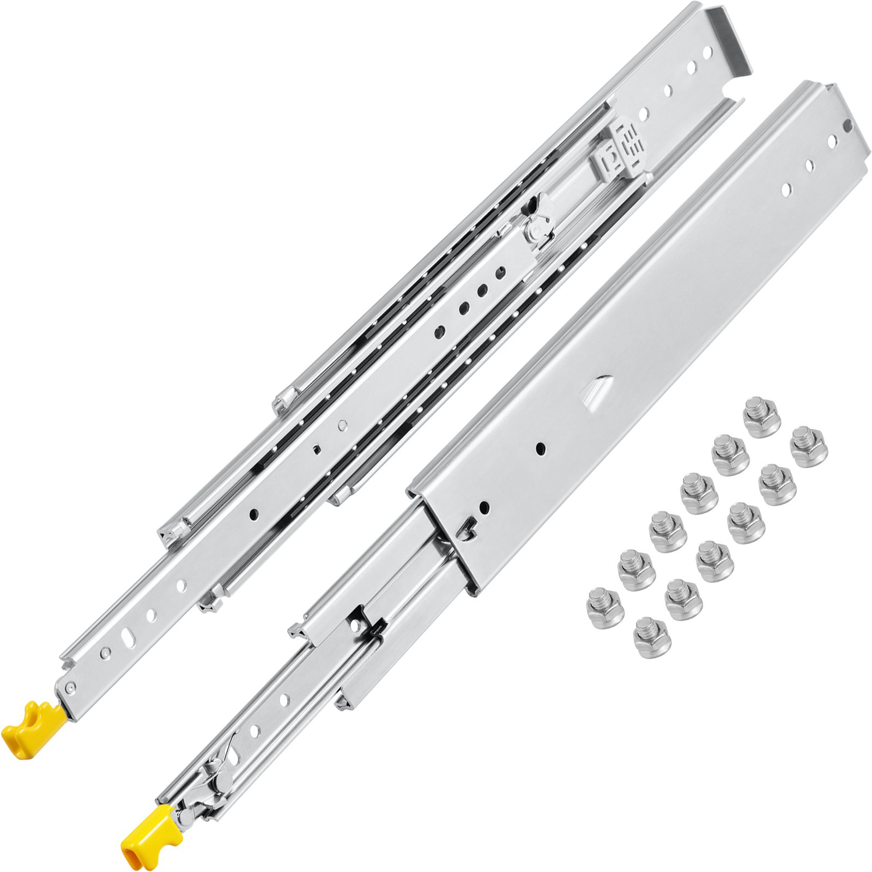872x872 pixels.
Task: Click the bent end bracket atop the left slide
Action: point(730,38)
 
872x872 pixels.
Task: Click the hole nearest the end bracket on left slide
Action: point(707,53)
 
